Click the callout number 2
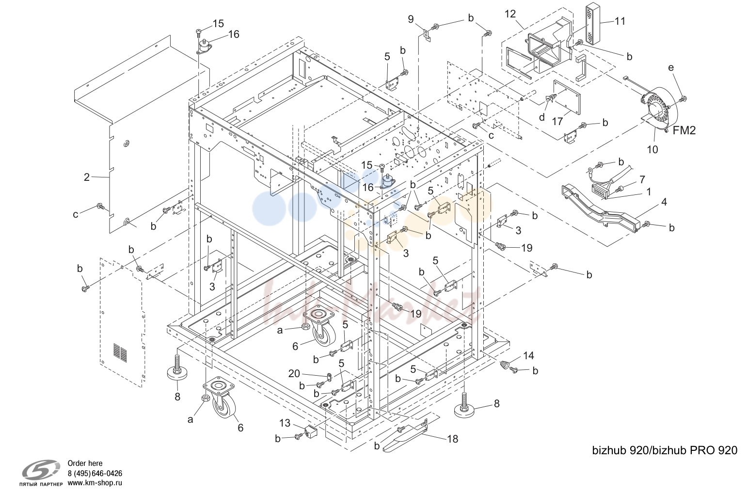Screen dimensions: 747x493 pyautogui.click(x=87, y=177)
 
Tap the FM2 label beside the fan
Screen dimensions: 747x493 pyautogui.click(x=684, y=130)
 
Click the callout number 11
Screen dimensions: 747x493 pyautogui.click(x=620, y=21)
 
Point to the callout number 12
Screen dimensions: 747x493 pyautogui.click(x=510, y=14)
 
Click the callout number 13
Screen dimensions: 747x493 pyautogui.click(x=285, y=423)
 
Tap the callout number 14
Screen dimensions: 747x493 pyautogui.click(x=528, y=356)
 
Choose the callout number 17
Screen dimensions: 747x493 pyautogui.click(x=557, y=121)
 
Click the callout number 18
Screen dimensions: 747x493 pyautogui.click(x=453, y=439)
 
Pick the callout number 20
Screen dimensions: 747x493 pyautogui.click(x=294, y=374)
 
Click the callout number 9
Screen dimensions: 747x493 pyautogui.click(x=411, y=19)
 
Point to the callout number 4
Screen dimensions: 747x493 pyautogui.click(x=664, y=202)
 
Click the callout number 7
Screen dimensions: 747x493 pyautogui.click(x=642, y=179)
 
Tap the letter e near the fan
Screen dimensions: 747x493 pyautogui.click(x=671, y=68)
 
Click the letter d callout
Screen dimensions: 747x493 pyautogui.click(x=542, y=117)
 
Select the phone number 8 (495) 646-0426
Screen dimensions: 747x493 pyautogui.click(x=95, y=474)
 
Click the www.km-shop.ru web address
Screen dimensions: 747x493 pyautogui.click(x=95, y=483)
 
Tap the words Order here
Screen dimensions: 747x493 pyautogui.click(x=85, y=463)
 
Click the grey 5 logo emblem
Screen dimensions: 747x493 pyautogui.click(x=41, y=470)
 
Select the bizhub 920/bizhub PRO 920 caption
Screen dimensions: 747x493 pyautogui.click(x=665, y=451)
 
